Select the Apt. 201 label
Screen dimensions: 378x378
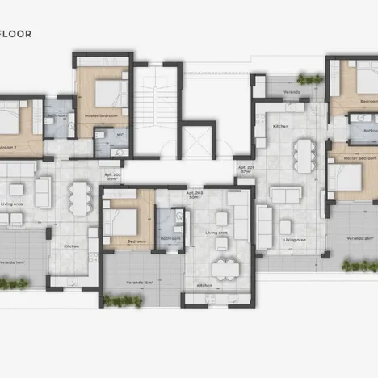(x=246, y=169)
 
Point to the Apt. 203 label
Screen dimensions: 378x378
(x=194, y=195)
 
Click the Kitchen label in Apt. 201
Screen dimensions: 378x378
(x=280, y=128)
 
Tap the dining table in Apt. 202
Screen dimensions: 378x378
(x=78, y=194)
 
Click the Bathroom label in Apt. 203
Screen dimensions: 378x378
(x=170, y=239)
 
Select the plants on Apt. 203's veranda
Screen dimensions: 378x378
(x=124, y=301)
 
